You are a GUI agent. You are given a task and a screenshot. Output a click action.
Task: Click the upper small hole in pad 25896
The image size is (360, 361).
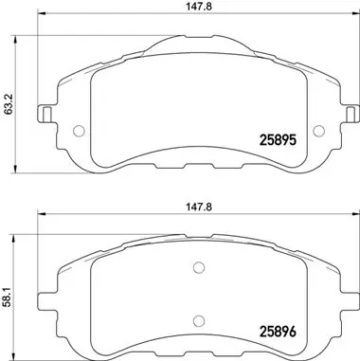tap(196, 266)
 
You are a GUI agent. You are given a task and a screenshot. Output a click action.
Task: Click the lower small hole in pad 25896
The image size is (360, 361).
tap(196, 320)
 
